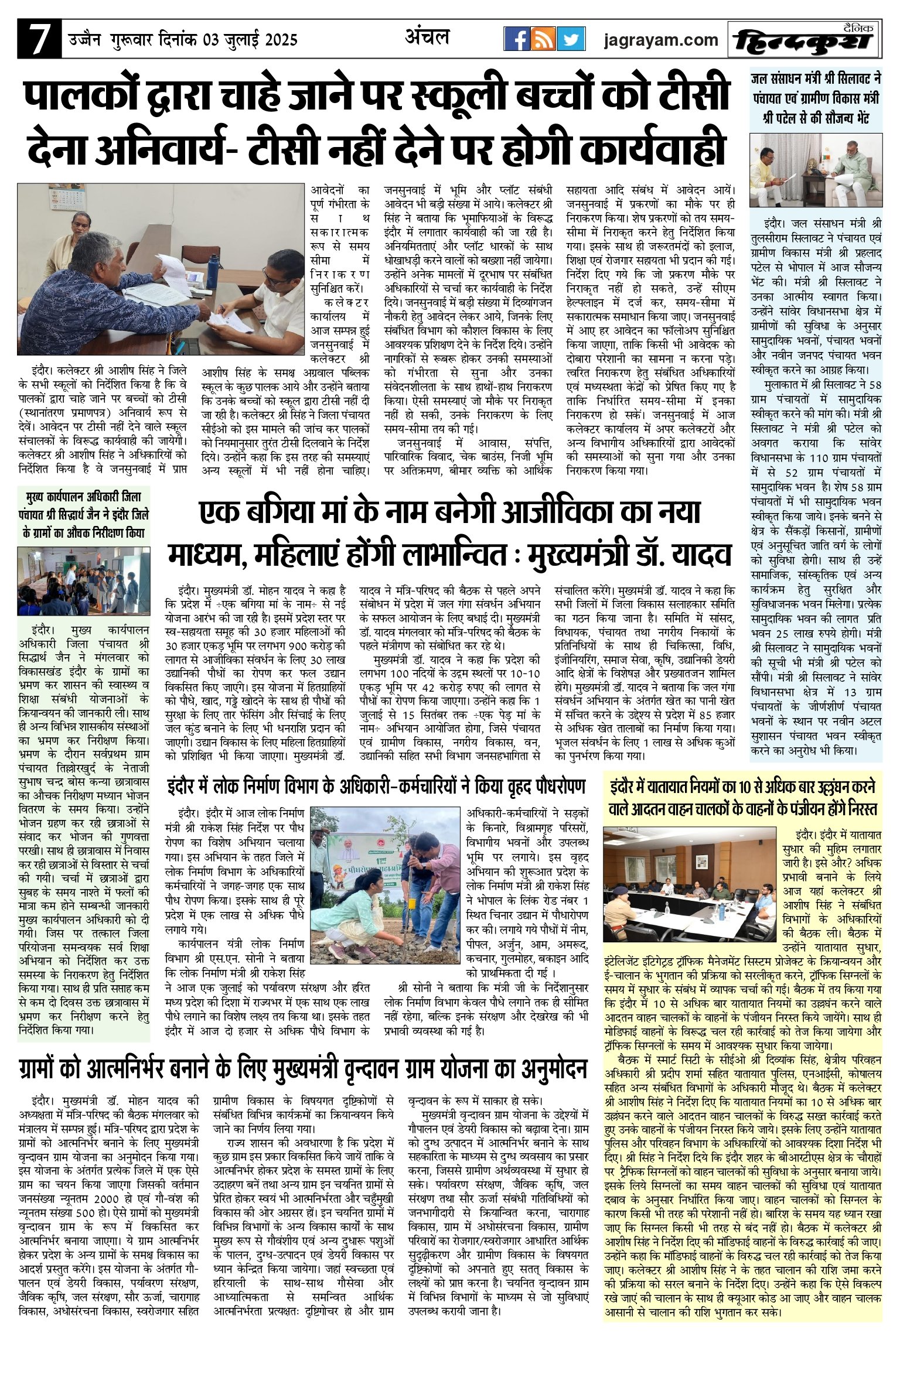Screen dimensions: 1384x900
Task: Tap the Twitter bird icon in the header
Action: (x=571, y=39)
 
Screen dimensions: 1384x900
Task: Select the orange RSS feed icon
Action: (x=543, y=39)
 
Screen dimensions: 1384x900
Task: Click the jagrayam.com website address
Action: (x=661, y=40)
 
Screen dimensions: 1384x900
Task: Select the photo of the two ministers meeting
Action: (x=816, y=170)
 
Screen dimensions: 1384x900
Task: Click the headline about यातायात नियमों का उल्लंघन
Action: (x=743, y=797)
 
